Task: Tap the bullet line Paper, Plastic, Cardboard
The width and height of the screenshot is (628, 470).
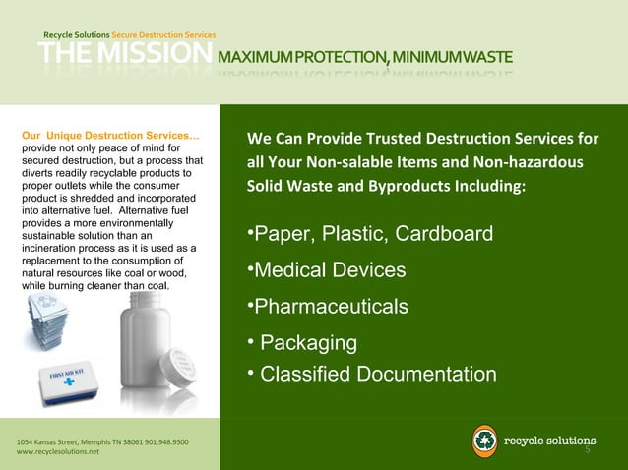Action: [x=369, y=235]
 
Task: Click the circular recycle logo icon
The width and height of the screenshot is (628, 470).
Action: [x=485, y=440]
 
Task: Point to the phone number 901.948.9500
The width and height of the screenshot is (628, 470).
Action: [x=157, y=441]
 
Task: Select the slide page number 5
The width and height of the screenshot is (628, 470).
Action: [x=588, y=451]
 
